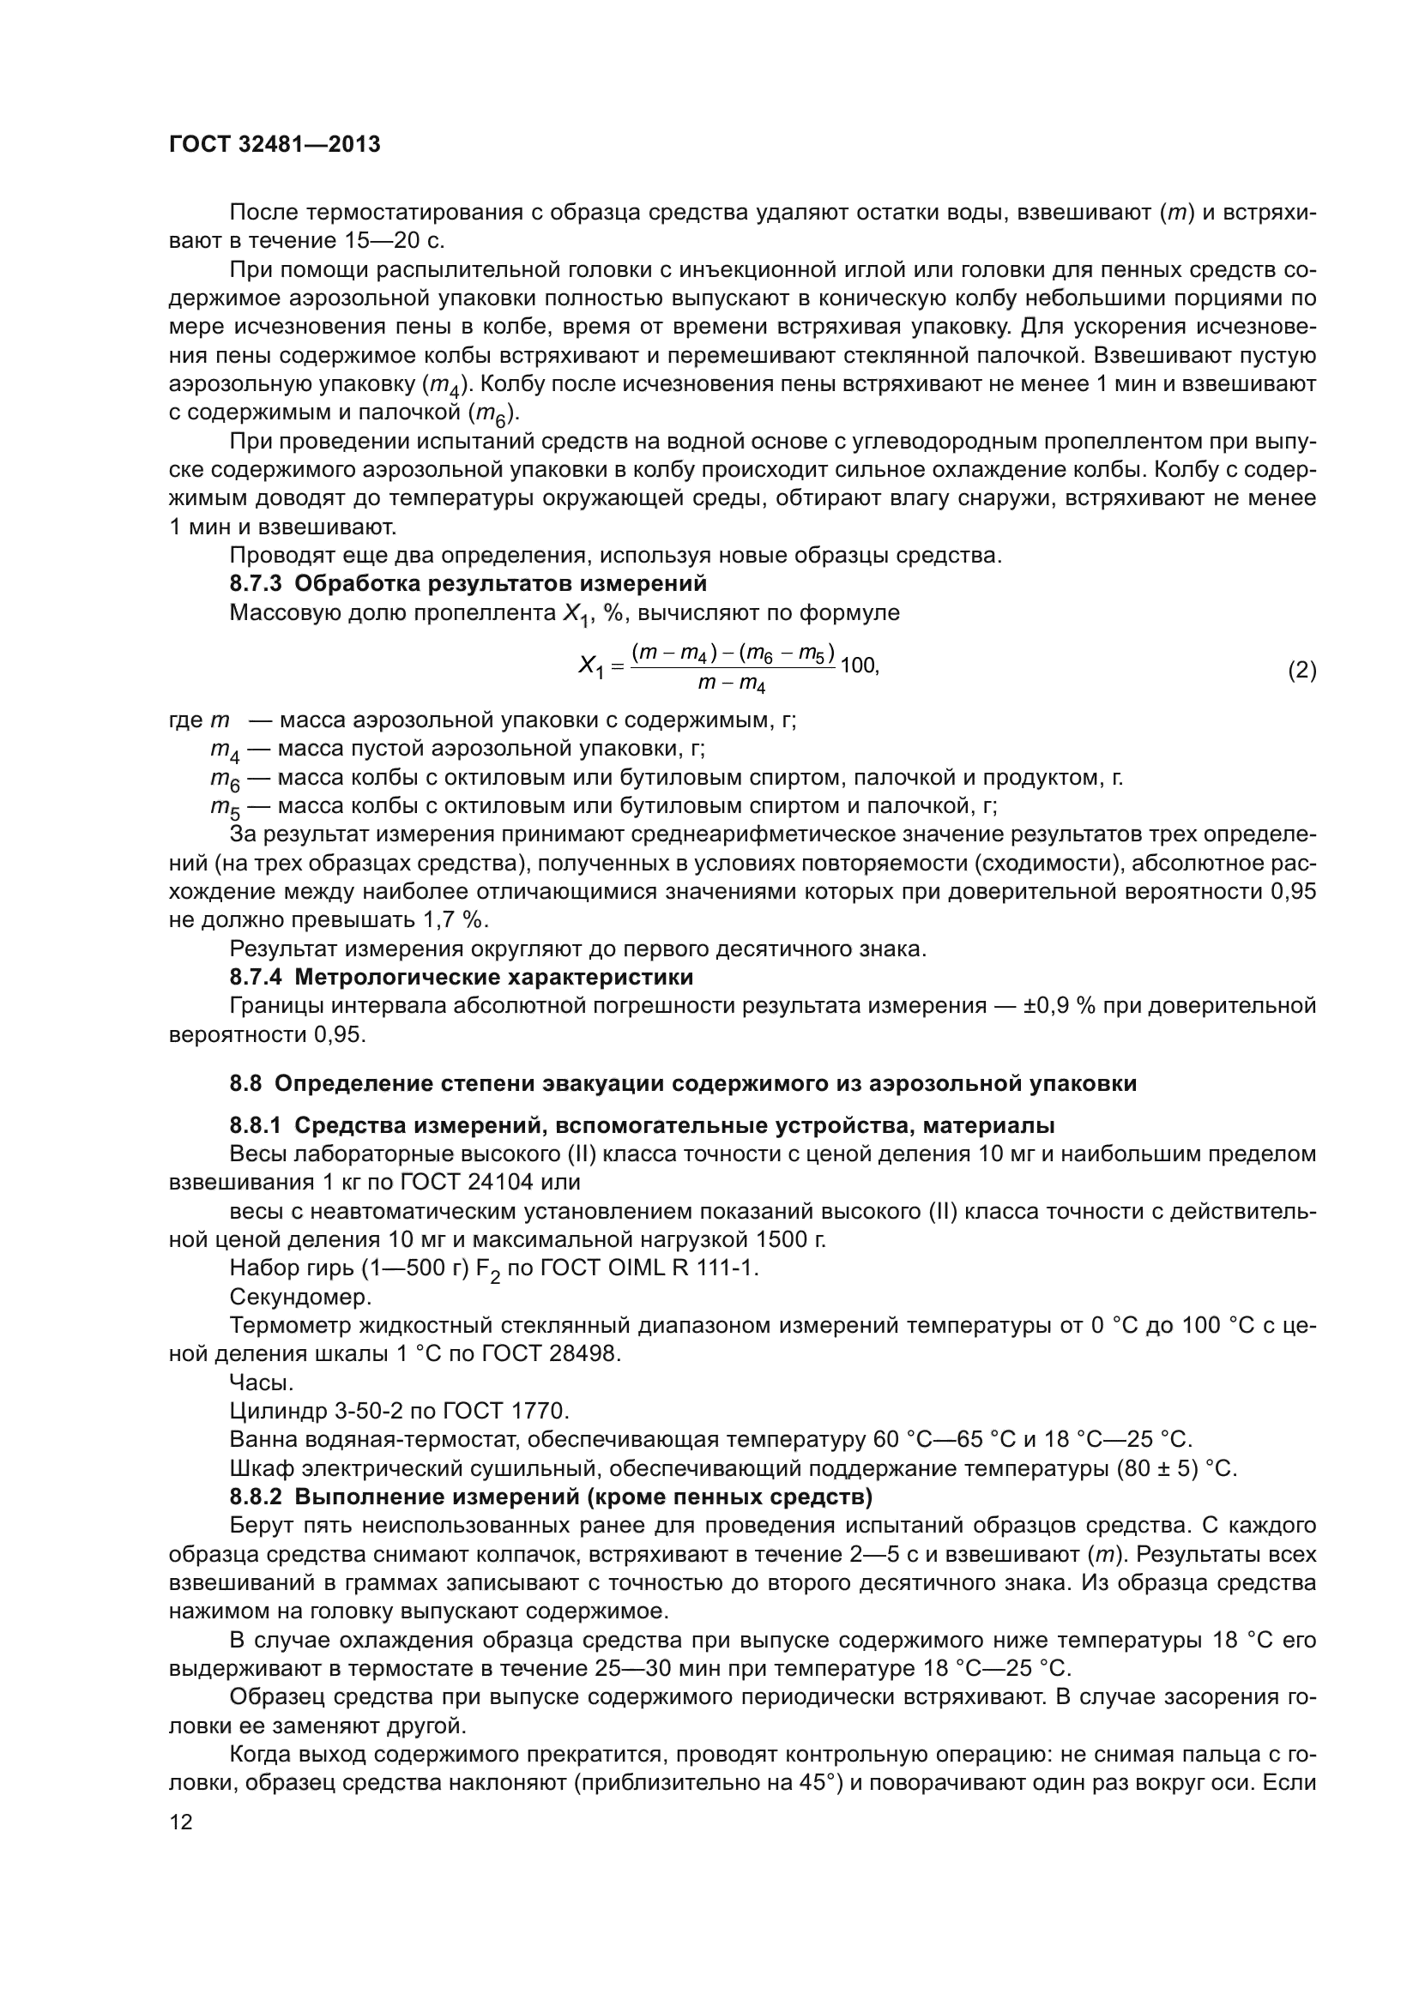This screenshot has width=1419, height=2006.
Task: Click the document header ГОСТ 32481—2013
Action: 275,145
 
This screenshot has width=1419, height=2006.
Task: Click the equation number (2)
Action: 1302,670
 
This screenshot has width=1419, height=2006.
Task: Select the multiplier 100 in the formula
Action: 858,665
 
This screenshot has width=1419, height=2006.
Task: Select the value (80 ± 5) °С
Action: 1176,1467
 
